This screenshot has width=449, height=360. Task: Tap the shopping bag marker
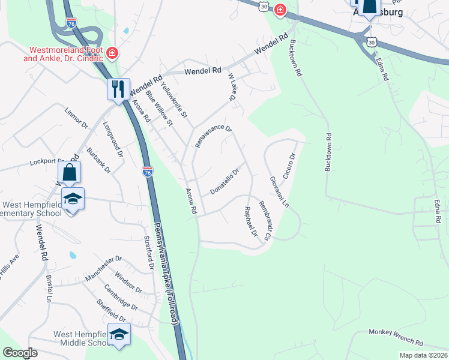(70, 172)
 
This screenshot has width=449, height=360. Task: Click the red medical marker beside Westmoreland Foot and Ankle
(112, 54)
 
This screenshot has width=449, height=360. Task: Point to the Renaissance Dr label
(213, 136)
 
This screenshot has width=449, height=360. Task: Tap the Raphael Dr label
(251, 221)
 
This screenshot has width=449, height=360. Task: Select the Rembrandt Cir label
(265, 219)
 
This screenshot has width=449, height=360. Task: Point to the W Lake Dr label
(231, 87)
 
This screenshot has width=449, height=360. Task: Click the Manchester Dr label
(103, 265)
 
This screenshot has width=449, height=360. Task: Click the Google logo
(20, 353)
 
